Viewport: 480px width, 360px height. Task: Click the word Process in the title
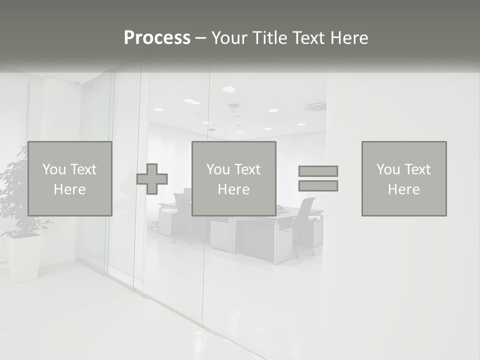coord(157,38)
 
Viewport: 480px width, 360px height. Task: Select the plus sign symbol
coord(152,178)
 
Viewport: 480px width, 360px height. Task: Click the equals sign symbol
coord(318,178)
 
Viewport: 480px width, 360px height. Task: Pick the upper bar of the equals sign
coord(318,171)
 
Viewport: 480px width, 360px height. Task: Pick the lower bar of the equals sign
coord(318,185)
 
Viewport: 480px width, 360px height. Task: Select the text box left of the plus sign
coord(70,178)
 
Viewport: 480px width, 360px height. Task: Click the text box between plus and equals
coord(234,178)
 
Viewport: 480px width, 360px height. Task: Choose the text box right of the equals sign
coord(404,178)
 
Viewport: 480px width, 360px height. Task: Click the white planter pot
coord(24,257)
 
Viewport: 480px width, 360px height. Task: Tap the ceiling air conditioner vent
coord(313,105)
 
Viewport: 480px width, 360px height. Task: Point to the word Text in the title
coord(308,38)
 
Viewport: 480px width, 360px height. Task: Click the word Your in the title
coord(228,38)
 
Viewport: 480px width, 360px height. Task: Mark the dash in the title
coord(200,38)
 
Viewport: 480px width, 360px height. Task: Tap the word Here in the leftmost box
coord(70,189)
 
